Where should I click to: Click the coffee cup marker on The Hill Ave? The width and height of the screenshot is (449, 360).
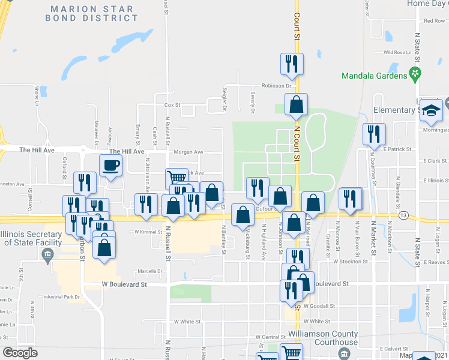click(111, 165)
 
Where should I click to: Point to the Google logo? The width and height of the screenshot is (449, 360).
click(19, 353)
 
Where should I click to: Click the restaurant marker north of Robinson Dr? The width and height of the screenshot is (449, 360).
click(292, 63)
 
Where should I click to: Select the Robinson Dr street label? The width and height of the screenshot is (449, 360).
click(276, 86)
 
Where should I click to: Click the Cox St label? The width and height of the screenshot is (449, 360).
click(172, 105)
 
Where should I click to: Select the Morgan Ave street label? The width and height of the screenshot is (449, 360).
click(188, 152)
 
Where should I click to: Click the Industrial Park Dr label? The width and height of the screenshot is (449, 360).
click(61, 297)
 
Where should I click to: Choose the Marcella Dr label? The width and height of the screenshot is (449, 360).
click(149, 271)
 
